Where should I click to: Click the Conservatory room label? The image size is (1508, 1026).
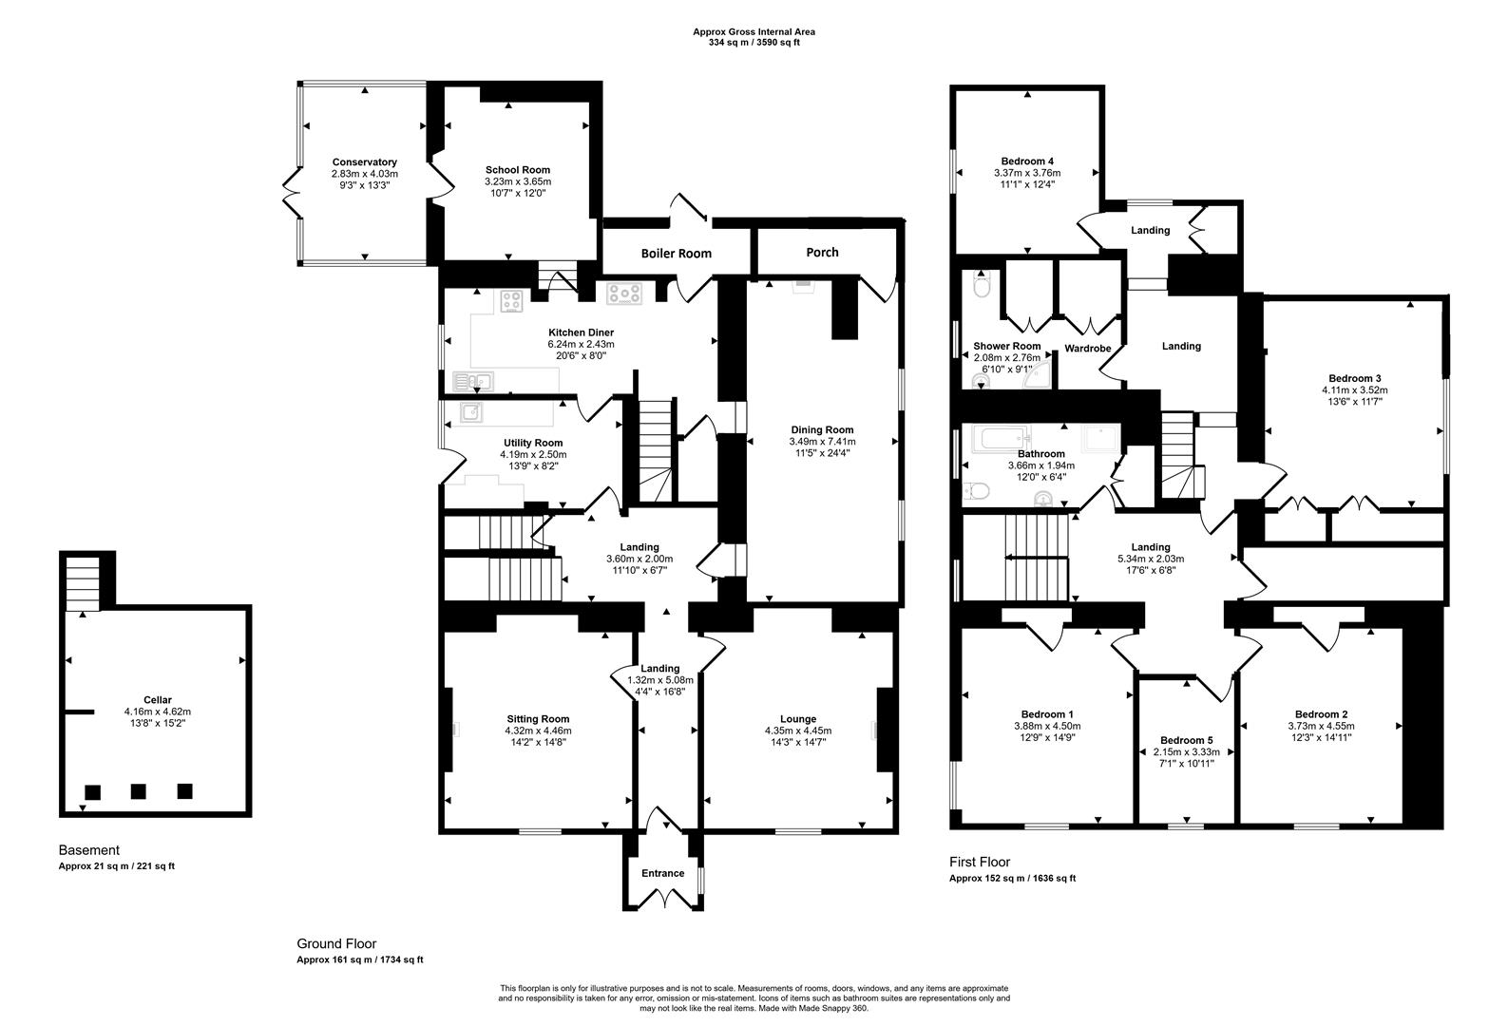364,162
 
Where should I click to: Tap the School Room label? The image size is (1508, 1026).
518,170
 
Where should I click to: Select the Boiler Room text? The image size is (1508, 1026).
676,254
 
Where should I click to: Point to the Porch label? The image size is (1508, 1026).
822,253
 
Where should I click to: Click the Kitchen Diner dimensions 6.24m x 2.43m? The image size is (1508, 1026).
581,344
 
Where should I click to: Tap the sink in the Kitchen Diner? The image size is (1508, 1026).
473,382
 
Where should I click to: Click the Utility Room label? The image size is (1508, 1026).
533,443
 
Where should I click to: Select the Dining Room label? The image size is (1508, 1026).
821,429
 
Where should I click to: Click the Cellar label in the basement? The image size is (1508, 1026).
158,700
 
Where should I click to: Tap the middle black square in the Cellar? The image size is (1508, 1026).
139,791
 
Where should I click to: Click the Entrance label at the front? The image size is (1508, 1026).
662,873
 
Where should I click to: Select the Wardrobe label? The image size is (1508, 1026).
1087,349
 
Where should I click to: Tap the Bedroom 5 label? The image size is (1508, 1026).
1186,740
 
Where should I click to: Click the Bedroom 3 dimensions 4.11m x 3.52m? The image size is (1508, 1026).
1354,389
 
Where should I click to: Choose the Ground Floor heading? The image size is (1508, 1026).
336,943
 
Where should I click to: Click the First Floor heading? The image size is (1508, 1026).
979,862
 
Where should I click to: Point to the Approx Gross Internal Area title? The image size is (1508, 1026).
754,31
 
